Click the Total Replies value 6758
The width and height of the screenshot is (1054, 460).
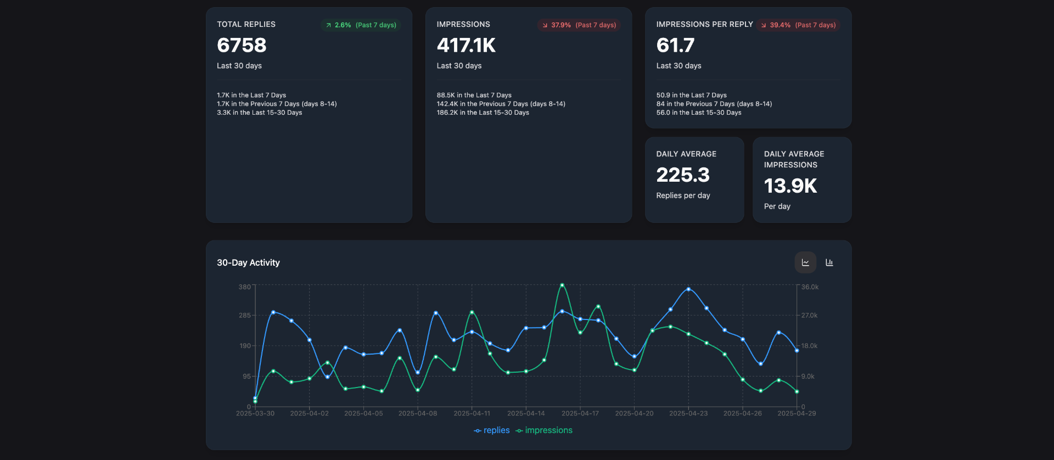click(242, 46)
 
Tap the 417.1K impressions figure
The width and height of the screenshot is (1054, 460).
click(466, 46)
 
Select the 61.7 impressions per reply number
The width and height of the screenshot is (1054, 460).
click(675, 46)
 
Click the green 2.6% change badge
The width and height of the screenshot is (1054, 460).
click(361, 25)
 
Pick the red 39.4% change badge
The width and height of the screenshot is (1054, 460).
click(798, 25)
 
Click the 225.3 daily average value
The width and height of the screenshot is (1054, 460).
click(683, 175)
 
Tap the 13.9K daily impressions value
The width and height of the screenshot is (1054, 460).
click(790, 186)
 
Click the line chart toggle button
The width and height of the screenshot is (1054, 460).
click(805, 262)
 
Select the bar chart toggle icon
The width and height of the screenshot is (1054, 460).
click(829, 262)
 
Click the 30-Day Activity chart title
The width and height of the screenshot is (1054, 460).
click(248, 263)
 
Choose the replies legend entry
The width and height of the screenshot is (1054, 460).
click(492, 430)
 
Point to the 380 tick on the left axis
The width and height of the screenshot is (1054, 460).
click(244, 287)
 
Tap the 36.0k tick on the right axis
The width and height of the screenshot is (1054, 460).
click(810, 287)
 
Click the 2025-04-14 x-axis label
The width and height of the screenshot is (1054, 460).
click(526, 413)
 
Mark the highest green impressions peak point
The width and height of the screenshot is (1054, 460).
click(562, 285)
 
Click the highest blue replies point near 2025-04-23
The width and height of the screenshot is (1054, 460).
click(688, 289)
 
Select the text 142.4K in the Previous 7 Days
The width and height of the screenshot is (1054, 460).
click(501, 104)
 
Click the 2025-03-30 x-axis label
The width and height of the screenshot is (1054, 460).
click(255, 413)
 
